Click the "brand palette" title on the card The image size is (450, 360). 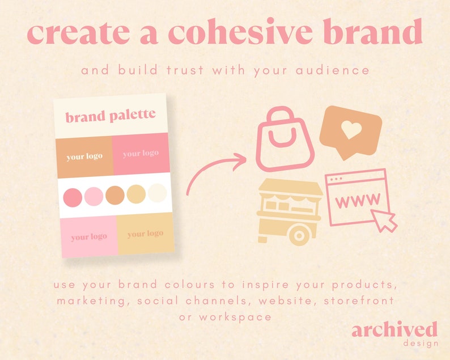(111, 116)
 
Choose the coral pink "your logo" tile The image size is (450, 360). (141, 154)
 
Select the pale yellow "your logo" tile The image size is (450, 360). (145, 234)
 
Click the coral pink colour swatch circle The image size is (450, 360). (73, 197)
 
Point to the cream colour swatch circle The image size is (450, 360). (158, 194)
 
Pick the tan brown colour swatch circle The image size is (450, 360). (115, 194)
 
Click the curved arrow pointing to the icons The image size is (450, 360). (215, 173)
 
